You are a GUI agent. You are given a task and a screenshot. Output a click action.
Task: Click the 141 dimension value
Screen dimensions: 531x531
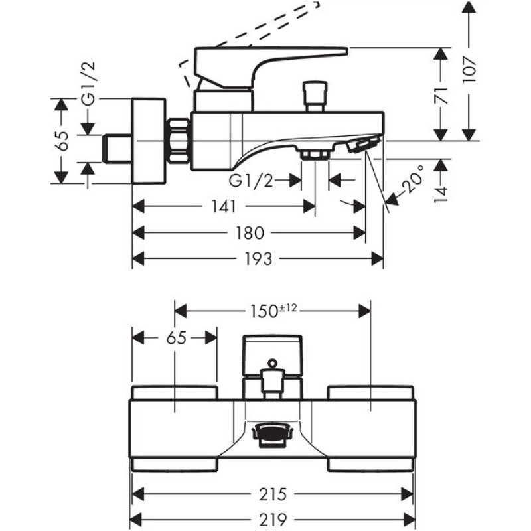[224, 207]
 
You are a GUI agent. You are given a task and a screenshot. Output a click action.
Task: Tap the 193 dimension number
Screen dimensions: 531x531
[258, 259]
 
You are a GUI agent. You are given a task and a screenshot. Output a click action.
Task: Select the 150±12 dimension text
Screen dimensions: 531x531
[271, 310]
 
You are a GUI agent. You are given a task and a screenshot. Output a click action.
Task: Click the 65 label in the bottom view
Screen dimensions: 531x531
[175, 337]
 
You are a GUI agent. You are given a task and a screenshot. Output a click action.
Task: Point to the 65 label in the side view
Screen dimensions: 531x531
[62, 141]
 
